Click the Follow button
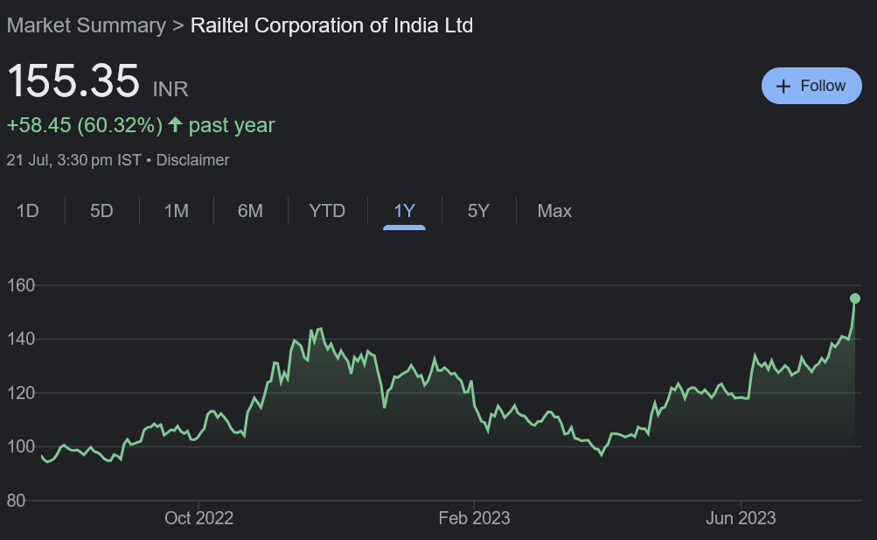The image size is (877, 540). (x=811, y=86)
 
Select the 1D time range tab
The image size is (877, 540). (x=28, y=211)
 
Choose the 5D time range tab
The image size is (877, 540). (x=101, y=211)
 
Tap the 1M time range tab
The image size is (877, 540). (x=177, y=211)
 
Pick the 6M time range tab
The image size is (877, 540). (x=250, y=211)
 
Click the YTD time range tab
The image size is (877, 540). (x=327, y=211)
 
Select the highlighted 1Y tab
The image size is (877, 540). (x=404, y=211)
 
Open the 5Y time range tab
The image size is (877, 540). (x=478, y=211)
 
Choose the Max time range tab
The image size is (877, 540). (x=554, y=211)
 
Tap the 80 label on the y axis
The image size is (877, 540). (x=17, y=501)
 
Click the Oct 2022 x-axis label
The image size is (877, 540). (x=198, y=518)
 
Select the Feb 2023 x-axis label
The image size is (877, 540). (x=474, y=518)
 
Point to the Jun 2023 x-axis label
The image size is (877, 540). (x=741, y=518)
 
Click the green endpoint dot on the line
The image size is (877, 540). (x=855, y=298)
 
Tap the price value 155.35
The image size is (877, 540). (x=73, y=81)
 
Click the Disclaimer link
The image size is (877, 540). (x=192, y=160)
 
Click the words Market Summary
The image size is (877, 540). (x=86, y=25)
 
